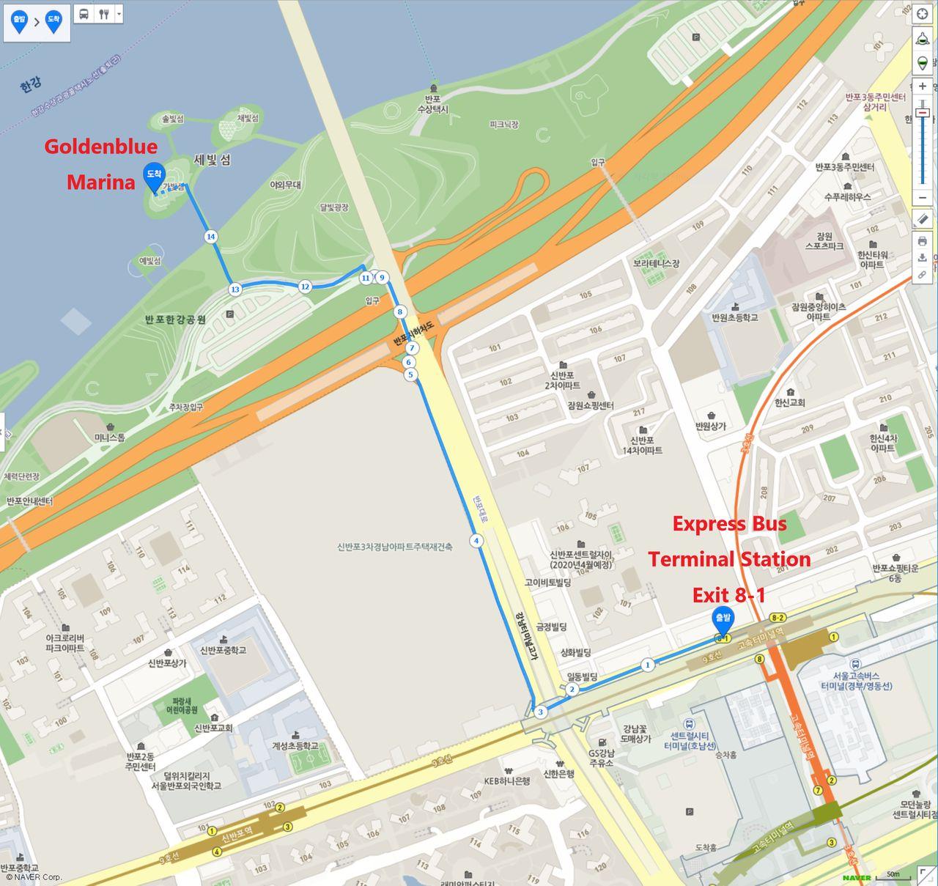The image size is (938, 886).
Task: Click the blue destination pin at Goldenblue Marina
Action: pyautogui.click(x=154, y=176)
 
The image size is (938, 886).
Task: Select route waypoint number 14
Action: pyautogui.click(x=211, y=236)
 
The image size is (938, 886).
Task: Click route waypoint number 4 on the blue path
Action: pyautogui.click(x=476, y=541)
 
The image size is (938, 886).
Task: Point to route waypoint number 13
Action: pyautogui.click(x=234, y=289)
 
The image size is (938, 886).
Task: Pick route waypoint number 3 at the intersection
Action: pyautogui.click(x=540, y=712)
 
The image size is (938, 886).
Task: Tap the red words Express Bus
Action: pyautogui.click(x=729, y=523)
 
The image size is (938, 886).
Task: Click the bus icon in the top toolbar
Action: pyautogui.click(x=84, y=14)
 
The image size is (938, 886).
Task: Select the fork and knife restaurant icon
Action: pyautogui.click(x=104, y=14)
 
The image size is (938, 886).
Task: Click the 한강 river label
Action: pyautogui.click(x=30, y=86)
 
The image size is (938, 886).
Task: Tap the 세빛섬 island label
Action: pyautogui.click(x=212, y=160)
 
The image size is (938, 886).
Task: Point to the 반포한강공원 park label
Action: pyautogui.click(x=175, y=320)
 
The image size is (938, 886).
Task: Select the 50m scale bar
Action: pyautogui.click(x=893, y=874)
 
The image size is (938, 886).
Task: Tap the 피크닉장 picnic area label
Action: pyautogui.click(x=503, y=125)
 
